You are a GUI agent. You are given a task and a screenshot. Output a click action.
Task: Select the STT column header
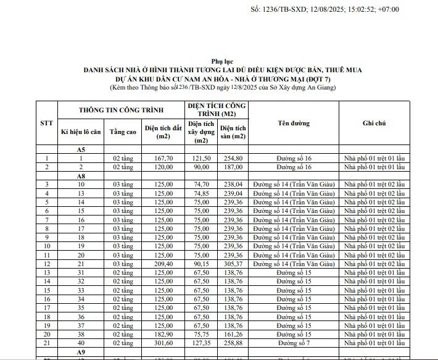(x=46, y=123)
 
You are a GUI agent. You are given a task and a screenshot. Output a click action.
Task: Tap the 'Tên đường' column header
(x=294, y=123)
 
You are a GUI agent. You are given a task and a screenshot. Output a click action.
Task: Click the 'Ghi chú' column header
(x=374, y=123)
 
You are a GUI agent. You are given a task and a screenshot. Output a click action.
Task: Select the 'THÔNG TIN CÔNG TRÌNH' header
(x=120, y=110)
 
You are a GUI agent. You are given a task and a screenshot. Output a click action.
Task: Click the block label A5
(x=81, y=150)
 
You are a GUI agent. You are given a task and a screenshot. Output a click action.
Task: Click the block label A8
(x=81, y=176)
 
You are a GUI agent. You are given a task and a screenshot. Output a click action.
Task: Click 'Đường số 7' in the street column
(x=294, y=343)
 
